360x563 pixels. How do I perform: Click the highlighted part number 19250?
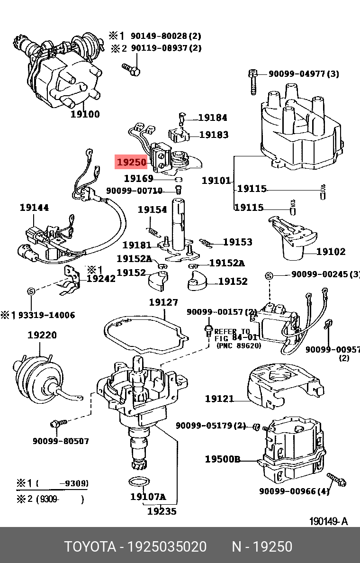click(131, 163)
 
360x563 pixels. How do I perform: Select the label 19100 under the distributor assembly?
click(85, 114)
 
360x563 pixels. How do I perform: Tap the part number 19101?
click(216, 180)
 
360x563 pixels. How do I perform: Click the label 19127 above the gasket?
click(163, 302)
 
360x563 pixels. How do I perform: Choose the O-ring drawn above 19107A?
click(137, 482)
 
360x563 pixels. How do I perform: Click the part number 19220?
click(42, 335)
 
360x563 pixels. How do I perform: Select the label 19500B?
click(223, 459)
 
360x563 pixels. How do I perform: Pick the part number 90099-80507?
click(61, 441)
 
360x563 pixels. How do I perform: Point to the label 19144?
click(34, 208)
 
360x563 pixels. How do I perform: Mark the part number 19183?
click(214, 135)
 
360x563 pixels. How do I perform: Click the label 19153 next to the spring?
click(237, 242)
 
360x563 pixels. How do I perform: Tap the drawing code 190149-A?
click(328, 521)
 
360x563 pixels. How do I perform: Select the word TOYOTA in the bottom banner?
click(90, 547)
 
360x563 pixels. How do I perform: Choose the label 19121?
click(219, 399)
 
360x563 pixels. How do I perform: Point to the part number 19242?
click(101, 279)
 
